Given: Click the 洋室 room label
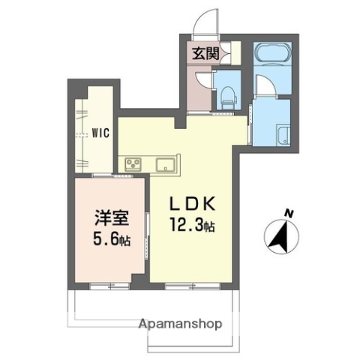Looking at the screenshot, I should click(111, 218).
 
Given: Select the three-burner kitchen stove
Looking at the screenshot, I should click(133, 163).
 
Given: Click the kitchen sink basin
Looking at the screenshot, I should click(165, 164).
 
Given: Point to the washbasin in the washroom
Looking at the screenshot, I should click(283, 136).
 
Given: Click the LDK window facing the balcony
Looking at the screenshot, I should click(184, 286).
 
